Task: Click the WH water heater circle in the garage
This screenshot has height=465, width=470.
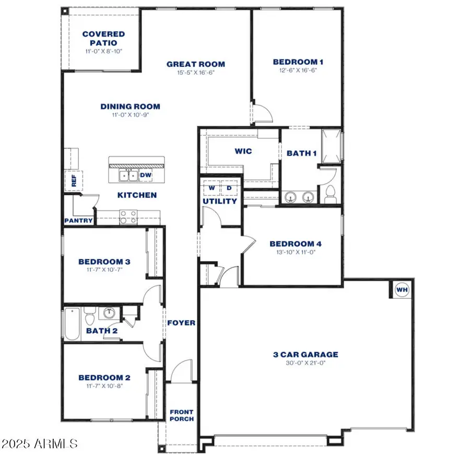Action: [x=402, y=289]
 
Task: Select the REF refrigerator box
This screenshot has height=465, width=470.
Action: [x=74, y=180]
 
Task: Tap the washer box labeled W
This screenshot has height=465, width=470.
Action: [x=212, y=188]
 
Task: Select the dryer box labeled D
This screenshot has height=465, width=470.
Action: [x=228, y=188]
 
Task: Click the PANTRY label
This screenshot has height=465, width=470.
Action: [x=78, y=220]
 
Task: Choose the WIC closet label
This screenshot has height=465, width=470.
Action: [x=243, y=152]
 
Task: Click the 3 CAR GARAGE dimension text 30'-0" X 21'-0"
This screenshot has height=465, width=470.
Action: [x=305, y=363]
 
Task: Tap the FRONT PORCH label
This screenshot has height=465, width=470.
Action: [x=181, y=415]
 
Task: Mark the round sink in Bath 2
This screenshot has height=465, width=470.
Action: [x=109, y=314]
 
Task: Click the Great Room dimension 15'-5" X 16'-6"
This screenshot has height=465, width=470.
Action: [x=196, y=73]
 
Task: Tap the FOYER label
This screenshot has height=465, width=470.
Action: [x=181, y=323]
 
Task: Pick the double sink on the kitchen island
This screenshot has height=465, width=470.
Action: [x=128, y=176]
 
